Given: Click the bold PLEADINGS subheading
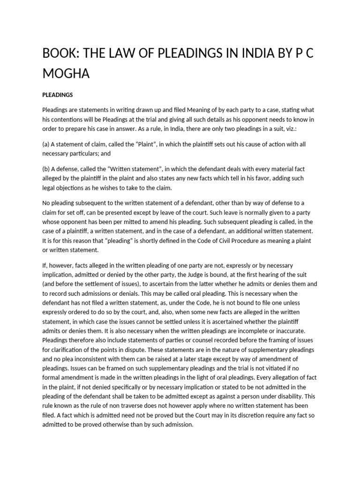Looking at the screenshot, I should [57, 95].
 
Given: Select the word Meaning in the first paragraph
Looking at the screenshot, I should [212, 110].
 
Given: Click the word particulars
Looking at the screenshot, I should [88, 153].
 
